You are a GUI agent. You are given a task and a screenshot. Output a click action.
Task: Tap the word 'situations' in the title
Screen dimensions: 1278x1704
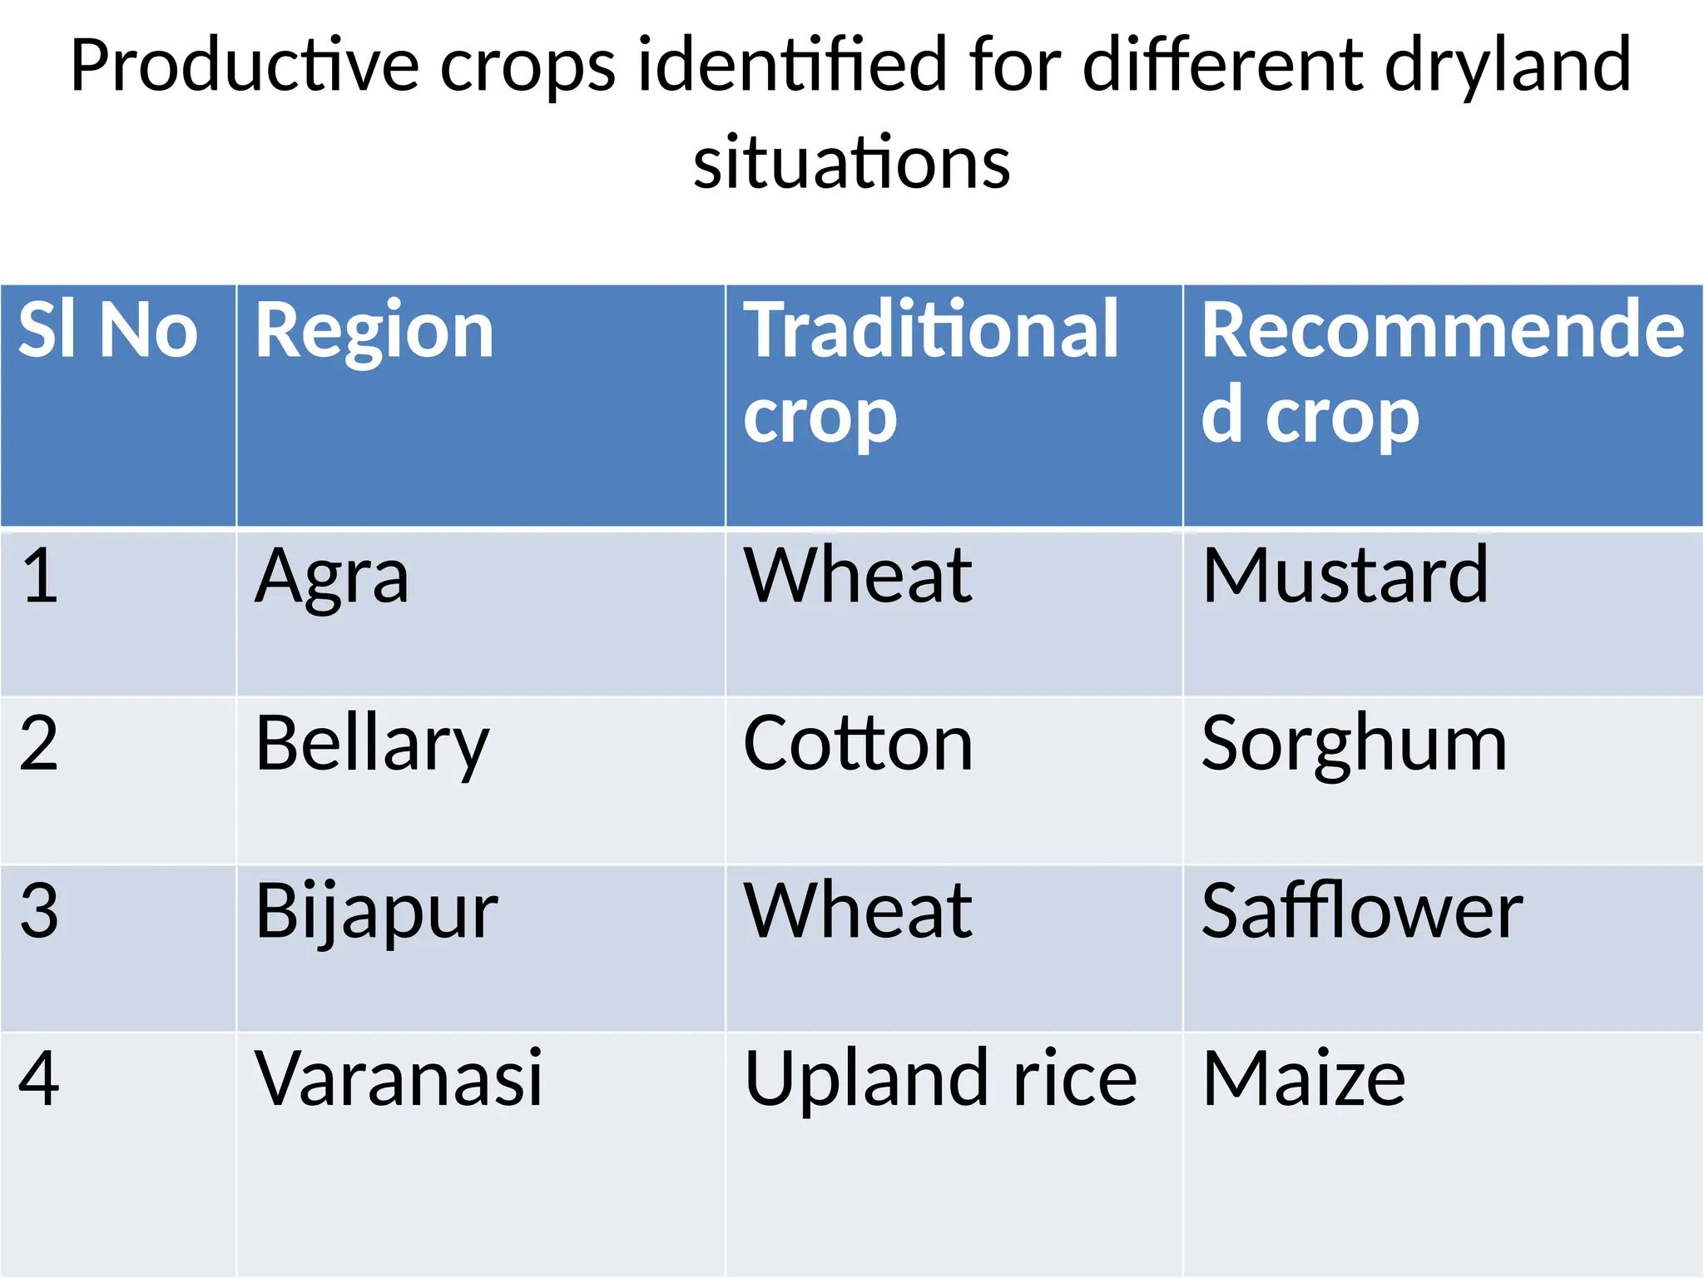coord(851,162)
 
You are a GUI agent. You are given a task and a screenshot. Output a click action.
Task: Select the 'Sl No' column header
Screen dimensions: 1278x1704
coord(108,331)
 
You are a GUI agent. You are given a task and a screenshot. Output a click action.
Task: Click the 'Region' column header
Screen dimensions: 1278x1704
coord(374,331)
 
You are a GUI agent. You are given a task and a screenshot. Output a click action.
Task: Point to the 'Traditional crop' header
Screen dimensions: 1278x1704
coord(930,372)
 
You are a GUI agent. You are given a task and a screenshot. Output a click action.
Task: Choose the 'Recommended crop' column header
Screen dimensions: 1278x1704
coord(1442,372)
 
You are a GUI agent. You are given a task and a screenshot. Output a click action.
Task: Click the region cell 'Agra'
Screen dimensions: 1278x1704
coord(331,577)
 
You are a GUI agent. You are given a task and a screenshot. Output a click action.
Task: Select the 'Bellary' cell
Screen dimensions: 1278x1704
coord(372,745)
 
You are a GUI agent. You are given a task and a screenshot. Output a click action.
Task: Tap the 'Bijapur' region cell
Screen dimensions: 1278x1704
coord(376,913)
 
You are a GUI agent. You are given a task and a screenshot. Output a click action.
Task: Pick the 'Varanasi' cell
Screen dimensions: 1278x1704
coord(399,1079)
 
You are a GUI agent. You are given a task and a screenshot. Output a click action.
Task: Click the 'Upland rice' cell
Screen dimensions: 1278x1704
coord(940,1079)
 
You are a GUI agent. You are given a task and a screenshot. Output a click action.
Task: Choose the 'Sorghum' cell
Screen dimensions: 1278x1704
coord(1354,745)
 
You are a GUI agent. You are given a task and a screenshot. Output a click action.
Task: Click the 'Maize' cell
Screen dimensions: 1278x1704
coord(1304,1079)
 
